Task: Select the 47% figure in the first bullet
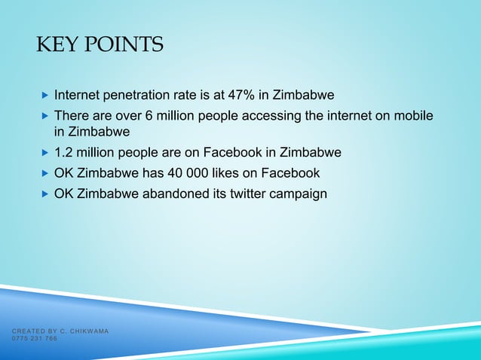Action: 231,96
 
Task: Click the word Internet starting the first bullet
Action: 78,96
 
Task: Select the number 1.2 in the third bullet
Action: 63,152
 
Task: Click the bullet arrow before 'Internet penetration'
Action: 44,96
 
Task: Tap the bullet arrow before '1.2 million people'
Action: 44,153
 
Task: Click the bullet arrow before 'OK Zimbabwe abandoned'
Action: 44,194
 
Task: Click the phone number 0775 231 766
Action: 34,339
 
